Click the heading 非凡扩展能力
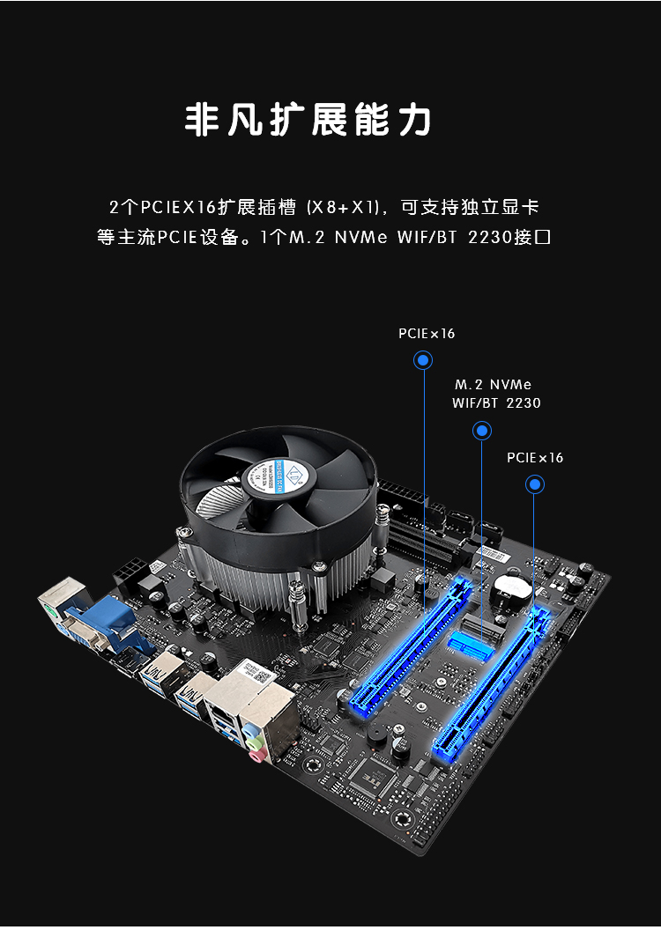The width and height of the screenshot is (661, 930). (x=308, y=121)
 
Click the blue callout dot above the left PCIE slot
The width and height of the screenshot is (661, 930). (x=423, y=360)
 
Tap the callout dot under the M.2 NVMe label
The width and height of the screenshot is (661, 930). (x=482, y=431)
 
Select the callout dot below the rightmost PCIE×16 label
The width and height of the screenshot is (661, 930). (x=535, y=484)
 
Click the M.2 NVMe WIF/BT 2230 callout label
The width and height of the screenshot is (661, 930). (x=496, y=394)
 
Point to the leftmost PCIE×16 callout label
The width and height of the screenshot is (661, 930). (x=427, y=334)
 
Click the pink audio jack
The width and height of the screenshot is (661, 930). (x=257, y=754)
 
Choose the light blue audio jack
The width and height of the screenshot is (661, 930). (x=249, y=727)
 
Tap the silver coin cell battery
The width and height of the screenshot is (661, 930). (x=510, y=587)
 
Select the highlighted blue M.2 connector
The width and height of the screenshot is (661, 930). (x=472, y=646)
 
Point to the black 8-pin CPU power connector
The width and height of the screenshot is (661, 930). (x=130, y=572)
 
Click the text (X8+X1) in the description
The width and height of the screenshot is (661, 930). (x=342, y=208)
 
